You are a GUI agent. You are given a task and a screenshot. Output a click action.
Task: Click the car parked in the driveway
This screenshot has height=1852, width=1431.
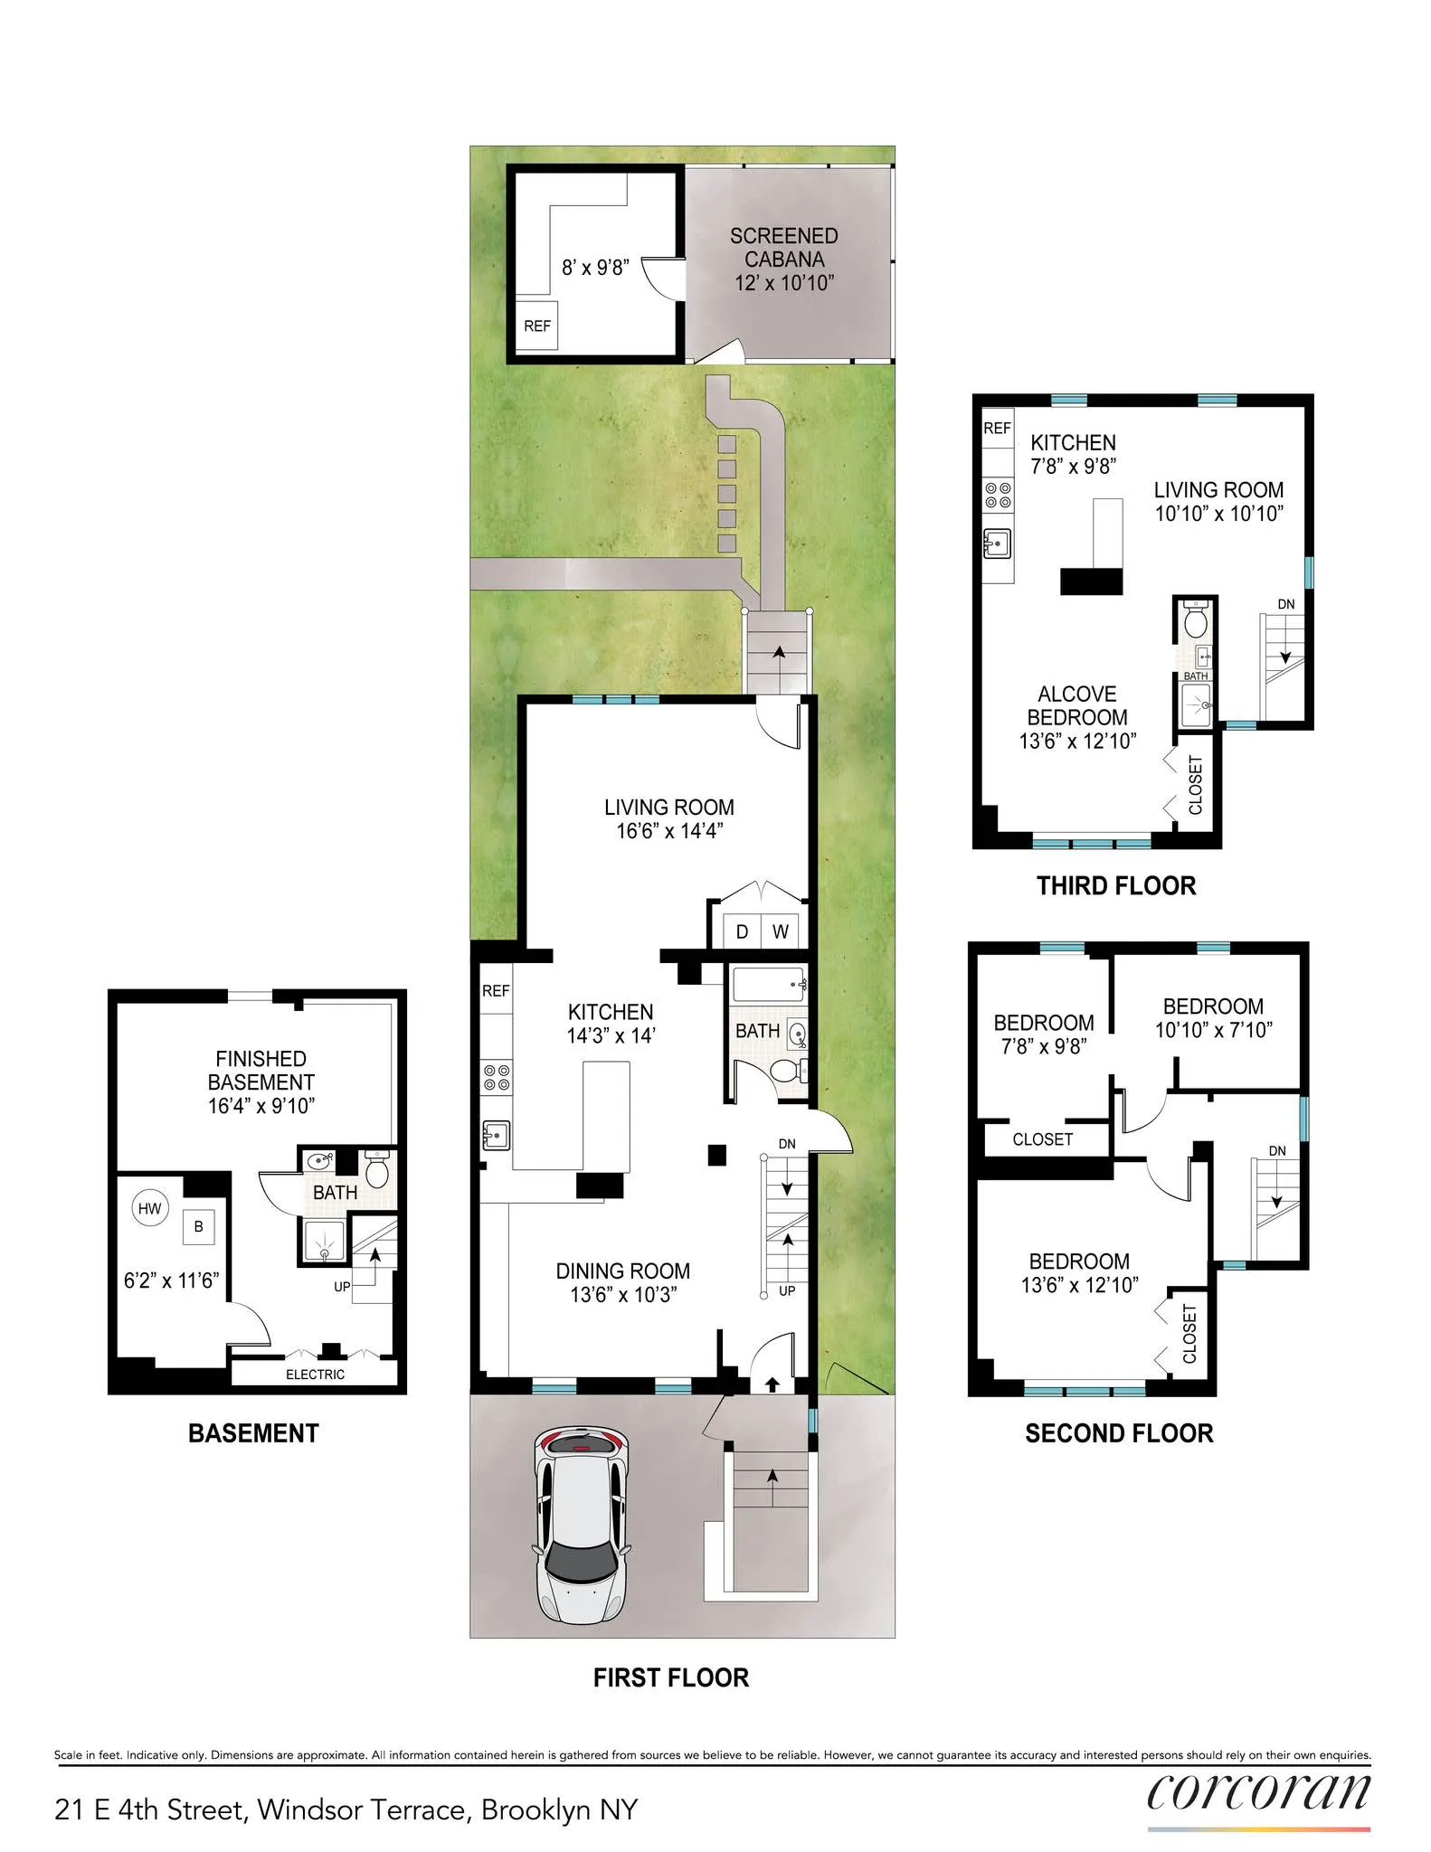(x=581, y=1525)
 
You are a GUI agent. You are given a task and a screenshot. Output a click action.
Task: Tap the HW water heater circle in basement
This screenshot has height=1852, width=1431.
(x=150, y=1208)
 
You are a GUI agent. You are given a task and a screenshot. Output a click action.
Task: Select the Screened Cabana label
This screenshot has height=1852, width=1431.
(x=783, y=248)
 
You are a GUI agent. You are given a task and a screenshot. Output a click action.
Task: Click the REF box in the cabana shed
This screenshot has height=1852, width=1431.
(x=536, y=326)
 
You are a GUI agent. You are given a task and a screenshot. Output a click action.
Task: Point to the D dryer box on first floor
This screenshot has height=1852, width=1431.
(x=742, y=931)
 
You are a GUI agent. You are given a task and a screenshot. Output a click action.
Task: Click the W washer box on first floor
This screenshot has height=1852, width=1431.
(x=780, y=931)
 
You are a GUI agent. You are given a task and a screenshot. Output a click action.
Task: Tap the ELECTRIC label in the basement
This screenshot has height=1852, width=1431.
(x=315, y=1375)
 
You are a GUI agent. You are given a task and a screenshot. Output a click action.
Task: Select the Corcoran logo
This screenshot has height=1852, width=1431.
(x=1258, y=1793)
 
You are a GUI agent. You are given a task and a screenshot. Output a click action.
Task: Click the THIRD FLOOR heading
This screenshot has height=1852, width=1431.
(x=1115, y=886)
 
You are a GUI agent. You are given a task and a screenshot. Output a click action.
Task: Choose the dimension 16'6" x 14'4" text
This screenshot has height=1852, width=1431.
(x=669, y=831)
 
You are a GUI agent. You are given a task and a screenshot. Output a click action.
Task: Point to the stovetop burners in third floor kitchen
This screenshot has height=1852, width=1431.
(x=998, y=495)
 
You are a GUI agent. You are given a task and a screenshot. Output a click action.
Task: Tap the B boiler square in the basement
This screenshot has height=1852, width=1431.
(x=198, y=1227)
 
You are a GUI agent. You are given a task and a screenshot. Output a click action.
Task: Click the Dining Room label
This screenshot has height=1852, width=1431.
(x=622, y=1271)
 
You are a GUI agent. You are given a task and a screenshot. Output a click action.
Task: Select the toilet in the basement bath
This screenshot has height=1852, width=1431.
(x=377, y=1172)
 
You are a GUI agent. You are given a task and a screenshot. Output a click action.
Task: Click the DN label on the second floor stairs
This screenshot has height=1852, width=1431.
(x=1276, y=1151)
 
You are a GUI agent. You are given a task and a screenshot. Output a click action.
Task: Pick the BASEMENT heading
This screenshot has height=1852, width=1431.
(x=253, y=1433)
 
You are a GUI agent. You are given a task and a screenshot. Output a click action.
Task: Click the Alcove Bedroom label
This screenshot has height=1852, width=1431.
(x=1076, y=705)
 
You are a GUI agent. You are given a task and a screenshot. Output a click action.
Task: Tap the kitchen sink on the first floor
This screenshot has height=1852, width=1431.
(x=497, y=1134)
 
